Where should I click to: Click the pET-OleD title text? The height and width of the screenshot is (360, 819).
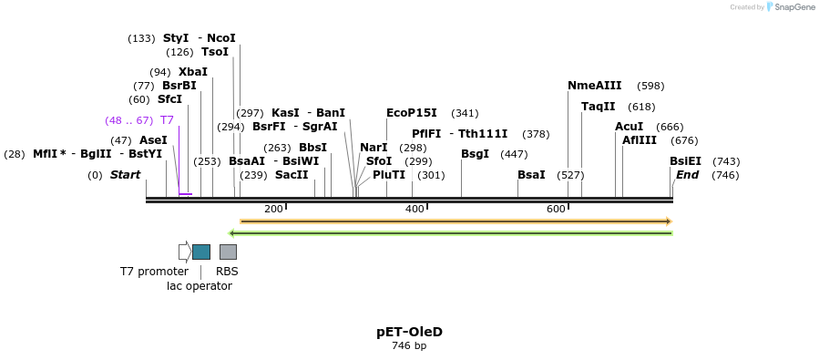click(x=409, y=332)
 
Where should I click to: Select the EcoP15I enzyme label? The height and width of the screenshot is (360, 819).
click(x=412, y=113)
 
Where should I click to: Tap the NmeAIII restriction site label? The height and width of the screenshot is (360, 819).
click(x=594, y=86)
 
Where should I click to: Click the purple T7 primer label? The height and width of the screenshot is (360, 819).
click(x=167, y=120)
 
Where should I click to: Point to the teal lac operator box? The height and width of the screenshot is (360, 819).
click(x=201, y=252)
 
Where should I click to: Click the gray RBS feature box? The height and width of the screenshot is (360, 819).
click(x=228, y=252)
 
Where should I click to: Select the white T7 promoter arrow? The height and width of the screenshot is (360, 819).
click(x=185, y=252)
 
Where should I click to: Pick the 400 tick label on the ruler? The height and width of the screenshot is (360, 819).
click(x=415, y=210)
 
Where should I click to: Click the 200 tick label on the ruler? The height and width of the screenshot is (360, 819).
click(x=273, y=210)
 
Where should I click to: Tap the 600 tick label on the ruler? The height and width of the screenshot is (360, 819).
click(x=556, y=210)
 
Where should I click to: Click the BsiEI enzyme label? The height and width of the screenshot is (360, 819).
click(x=685, y=161)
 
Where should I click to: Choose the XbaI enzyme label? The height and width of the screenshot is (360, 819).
click(x=193, y=72)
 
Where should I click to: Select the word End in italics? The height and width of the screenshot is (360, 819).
click(x=687, y=175)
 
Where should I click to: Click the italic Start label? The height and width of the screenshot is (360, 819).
click(x=126, y=175)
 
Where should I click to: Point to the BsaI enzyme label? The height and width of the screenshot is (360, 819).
click(x=531, y=175)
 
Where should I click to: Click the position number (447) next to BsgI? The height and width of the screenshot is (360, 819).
click(x=514, y=154)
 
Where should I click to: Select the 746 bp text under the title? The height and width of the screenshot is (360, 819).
click(x=409, y=346)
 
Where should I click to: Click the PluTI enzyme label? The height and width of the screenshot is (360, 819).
click(x=389, y=175)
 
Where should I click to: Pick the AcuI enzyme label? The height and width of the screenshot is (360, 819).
click(x=629, y=127)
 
